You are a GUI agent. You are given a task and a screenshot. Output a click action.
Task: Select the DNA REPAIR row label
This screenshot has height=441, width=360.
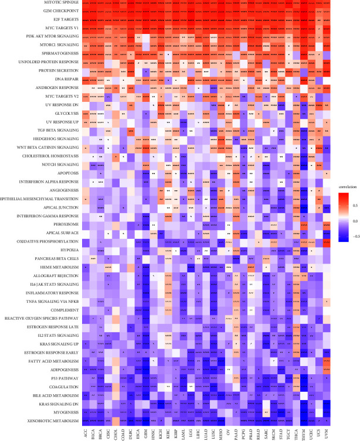click(67, 78)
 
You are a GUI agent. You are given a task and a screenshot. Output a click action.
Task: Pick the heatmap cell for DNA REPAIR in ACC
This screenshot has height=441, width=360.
click(86, 78)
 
